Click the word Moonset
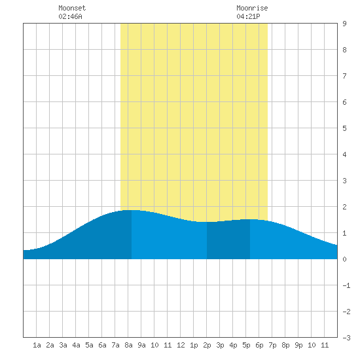pyautogui.click(x=72, y=8)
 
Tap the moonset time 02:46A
pyautogui.click(x=70, y=16)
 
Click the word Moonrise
pyautogui.click(x=252, y=8)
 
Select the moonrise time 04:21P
pyautogui.click(x=248, y=16)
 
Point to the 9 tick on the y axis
pyautogui.click(x=344, y=24)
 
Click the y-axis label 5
pyautogui.click(x=344, y=128)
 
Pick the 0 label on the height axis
pyautogui.click(x=344, y=259)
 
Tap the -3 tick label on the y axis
pyautogui.click(x=346, y=338)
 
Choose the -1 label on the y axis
pyautogui.click(x=346, y=285)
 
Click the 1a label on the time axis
pyautogui.click(x=37, y=345)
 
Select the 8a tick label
pyautogui.click(x=128, y=345)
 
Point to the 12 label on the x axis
pyautogui.click(x=181, y=345)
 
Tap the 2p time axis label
pyautogui.click(x=207, y=345)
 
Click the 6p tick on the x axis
pyautogui.click(x=259, y=345)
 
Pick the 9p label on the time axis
pyautogui.click(x=298, y=345)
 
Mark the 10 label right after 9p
pyautogui.click(x=312, y=345)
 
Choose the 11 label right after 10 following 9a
pyautogui.click(x=168, y=345)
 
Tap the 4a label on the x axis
pyautogui.click(x=76, y=345)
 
